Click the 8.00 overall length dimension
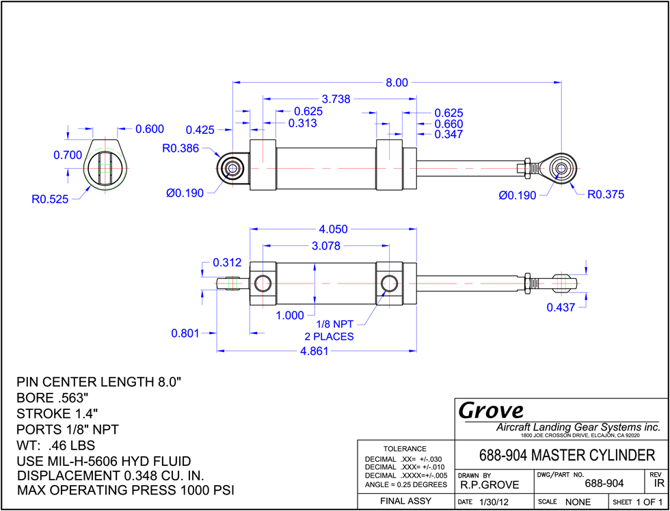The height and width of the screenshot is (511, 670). coord(397,83)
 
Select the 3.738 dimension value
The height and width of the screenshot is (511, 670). coord(336,100)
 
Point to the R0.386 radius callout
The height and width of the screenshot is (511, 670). coord(180,148)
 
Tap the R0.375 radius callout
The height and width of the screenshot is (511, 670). coord(606,195)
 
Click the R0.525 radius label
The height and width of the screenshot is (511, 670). coord(50,199)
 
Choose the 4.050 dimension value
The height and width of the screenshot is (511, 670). coord(334,230)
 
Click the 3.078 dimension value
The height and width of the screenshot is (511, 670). coord(325,246)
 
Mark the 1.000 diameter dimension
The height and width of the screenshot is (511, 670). coord(290,316)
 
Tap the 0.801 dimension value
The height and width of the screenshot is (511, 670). coord(185,333)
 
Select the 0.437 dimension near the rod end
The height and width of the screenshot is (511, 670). coord(561,307)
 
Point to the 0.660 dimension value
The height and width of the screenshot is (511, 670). coord(448,124)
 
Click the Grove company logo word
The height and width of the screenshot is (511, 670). coord(491,411)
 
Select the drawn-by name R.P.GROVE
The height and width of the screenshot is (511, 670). coord(490,485)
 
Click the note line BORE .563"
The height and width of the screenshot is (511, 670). coord(53,398)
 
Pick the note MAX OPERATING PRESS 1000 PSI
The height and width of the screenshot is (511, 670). coord(126,490)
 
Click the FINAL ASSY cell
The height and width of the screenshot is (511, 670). coord(406,501)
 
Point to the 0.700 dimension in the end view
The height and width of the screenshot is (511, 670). coord(68,155)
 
